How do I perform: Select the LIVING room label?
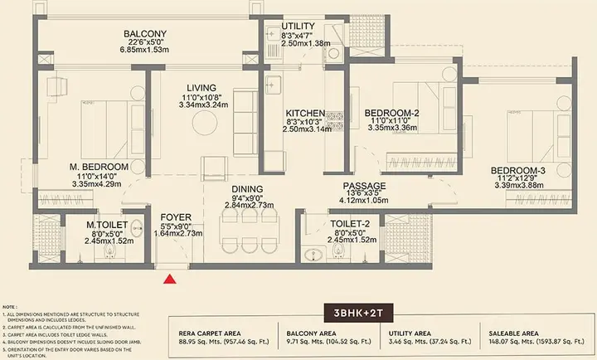click(x=201, y=88)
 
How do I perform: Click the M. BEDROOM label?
click(x=97, y=167)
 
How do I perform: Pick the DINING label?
click(x=248, y=189)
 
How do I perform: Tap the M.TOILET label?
click(x=105, y=224)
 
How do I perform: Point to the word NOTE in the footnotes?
click(x=10, y=306)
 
